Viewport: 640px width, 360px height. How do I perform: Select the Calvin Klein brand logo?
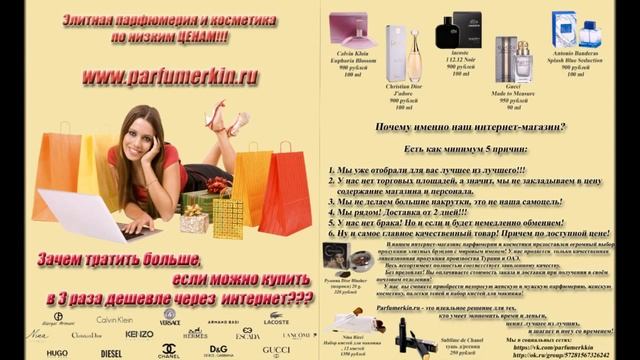pyautogui.click(x=113, y=319)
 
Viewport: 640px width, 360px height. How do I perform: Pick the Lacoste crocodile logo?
pyautogui.click(x=277, y=318)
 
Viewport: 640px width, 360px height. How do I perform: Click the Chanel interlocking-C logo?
pyautogui.click(x=169, y=351)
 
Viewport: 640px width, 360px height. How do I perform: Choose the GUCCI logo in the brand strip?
pyautogui.click(x=276, y=351)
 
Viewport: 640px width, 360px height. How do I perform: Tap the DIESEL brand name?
pyautogui.click(x=111, y=352)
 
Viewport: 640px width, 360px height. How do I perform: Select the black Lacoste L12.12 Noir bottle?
pyautogui.click(x=466, y=32)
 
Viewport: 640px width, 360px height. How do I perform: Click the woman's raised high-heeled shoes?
pyautogui.click(x=227, y=117)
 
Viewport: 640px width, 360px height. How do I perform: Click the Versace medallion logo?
pyautogui.click(x=169, y=319)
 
